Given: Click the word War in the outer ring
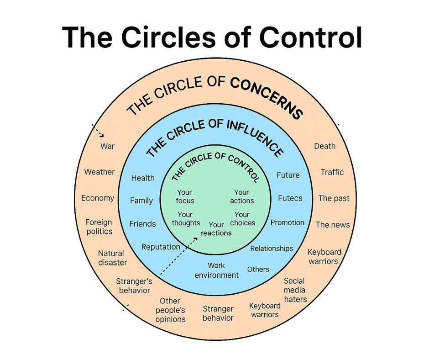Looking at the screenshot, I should [x=108, y=146].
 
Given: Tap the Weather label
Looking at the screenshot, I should [x=99, y=172].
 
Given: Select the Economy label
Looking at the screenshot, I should [x=98, y=198].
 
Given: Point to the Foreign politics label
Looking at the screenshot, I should [x=99, y=227].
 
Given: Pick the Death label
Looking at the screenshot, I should [x=324, y=146].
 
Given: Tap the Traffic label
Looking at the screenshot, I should [x=332, y=172].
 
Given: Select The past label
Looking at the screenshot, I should [x=334, y=198].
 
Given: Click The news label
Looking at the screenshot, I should [x=333, y=225].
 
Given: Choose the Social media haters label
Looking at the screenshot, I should [x=295, y=290].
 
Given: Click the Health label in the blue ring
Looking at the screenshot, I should [x=143, y=178].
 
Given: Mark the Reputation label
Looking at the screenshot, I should [x=161, y=247].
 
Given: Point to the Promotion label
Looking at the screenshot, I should [x=287, y=222].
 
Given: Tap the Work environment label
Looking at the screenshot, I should [x=216, y=270].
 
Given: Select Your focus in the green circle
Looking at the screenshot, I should [x=185, y=196].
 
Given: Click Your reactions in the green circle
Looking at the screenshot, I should [x=216, y=229].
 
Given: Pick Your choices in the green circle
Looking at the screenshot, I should [x=242, y=219].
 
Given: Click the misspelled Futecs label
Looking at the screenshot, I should [x=290, y=198].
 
